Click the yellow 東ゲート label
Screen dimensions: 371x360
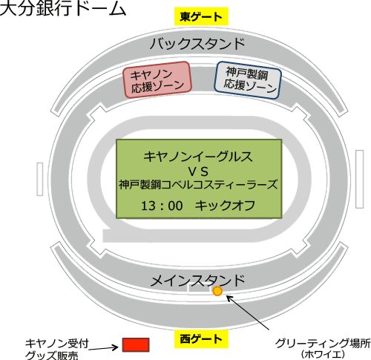201,16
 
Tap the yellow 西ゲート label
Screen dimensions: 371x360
201,339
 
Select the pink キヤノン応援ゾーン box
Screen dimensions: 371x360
157,79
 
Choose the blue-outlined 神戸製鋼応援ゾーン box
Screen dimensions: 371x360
248,80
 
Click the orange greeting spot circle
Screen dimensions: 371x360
217,291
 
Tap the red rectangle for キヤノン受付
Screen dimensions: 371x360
136,344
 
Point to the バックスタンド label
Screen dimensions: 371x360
197,44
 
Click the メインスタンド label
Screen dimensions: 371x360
197,281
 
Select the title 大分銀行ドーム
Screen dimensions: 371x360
63,9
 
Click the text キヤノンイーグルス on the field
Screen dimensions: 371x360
198,157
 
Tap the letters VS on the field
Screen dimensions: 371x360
198,171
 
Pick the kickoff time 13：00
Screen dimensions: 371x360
162,206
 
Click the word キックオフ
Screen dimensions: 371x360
225,206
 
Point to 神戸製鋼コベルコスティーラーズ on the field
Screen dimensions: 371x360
198,185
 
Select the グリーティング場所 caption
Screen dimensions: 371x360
323,344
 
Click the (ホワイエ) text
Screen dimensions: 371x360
323,354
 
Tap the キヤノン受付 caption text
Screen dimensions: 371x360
57,344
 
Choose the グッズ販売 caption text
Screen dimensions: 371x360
51,355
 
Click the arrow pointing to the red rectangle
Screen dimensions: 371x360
103,348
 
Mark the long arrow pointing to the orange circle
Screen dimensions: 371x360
248,312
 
